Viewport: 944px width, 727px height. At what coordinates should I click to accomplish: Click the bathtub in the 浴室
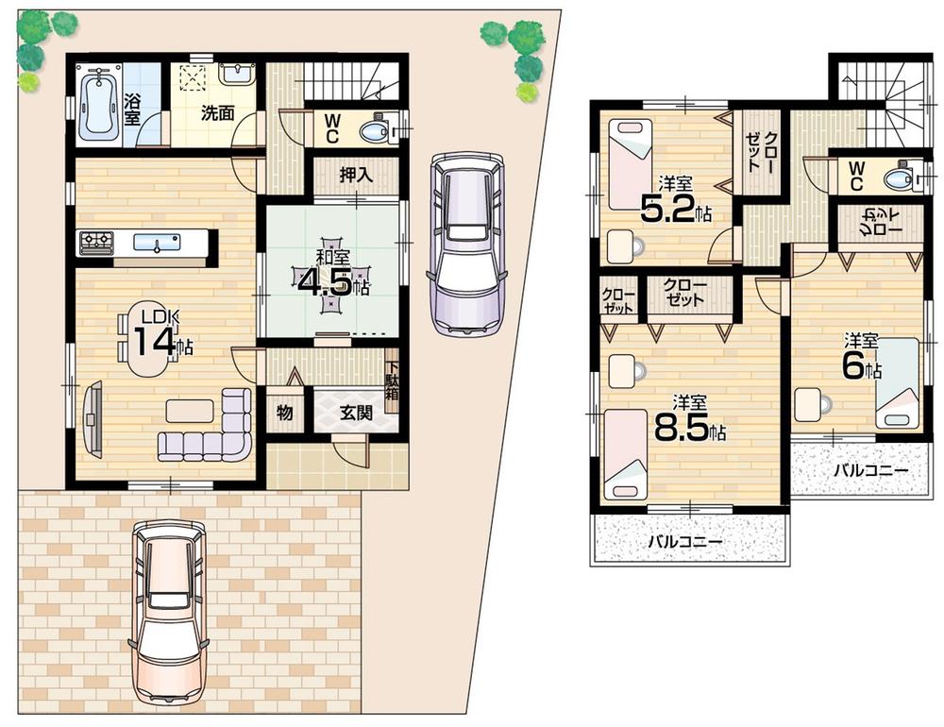tap(97, 106)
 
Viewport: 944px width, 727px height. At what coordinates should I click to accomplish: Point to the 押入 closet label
tap(356, 176)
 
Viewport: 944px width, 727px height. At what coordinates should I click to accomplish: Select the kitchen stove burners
tap(96, 243)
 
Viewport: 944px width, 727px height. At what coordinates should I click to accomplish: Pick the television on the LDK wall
tap(92, 415)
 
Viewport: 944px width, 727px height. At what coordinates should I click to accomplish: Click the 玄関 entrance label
tap(356, 412)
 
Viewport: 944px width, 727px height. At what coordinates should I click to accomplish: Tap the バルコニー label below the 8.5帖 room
tap(684, 542)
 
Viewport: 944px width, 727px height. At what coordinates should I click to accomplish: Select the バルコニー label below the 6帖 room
tap(869, 469)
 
